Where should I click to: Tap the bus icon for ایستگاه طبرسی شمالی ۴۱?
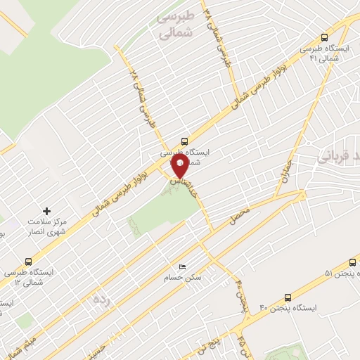click(x=324, y=37)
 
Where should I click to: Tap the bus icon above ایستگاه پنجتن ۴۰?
click(x=286, y=297)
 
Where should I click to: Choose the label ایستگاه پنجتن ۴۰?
click(x=290, y=309)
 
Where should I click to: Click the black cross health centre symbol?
click(x=47, y=210)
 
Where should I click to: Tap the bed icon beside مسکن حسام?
click(x=183, y=267)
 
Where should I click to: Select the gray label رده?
click(x=101, y=300)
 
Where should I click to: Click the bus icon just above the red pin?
click(x=184, y=140)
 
